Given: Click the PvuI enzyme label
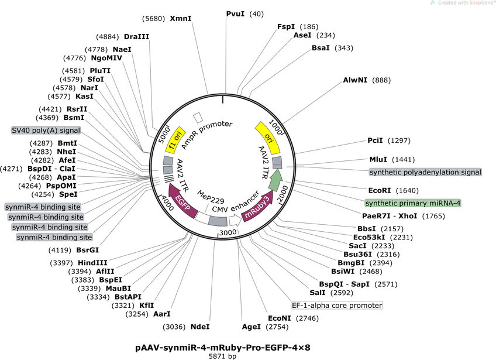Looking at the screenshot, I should click(x=235, y=13).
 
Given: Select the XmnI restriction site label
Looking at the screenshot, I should click(x=181, y=18).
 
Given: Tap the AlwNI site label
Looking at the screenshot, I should click(x=355, y=80).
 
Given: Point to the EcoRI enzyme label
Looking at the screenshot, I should click(x=381, y=190).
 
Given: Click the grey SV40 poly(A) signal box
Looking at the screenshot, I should click(x=46, y=130).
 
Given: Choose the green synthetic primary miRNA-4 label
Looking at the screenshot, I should click(x=413, y=203).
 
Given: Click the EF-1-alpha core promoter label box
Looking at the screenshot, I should click(x=337, y=305).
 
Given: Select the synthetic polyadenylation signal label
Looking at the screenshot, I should click(x=425, y=172).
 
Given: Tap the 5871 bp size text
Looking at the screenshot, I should click(x=223, y=355).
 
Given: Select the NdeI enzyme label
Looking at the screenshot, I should click(x=200, y=326).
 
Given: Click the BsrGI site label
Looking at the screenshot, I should click(x=87, y=250).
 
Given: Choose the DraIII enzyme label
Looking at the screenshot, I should click(x=136, y=36).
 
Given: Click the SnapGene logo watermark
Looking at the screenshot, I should click(x=462, y=3).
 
